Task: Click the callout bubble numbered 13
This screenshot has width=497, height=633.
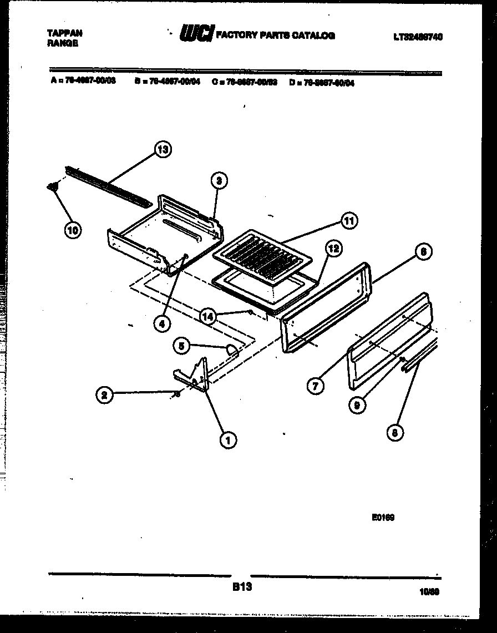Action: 163,149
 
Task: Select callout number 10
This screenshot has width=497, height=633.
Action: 72,230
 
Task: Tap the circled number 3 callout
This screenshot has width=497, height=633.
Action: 220,181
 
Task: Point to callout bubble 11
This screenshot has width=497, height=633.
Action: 349,221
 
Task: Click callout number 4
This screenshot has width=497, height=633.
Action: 161,325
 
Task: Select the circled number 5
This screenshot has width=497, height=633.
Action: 181,346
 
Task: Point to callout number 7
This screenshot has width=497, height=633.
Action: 315,386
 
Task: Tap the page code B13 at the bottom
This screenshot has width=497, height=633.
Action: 240,588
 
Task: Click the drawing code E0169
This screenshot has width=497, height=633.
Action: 383,518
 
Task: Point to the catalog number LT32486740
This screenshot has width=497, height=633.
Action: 418,37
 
